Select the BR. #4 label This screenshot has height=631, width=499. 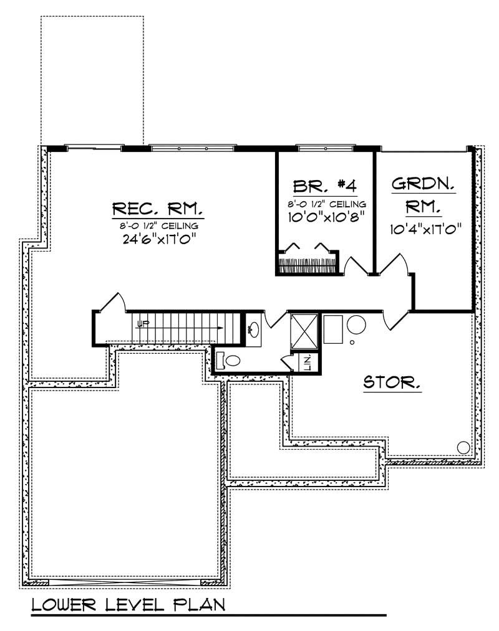324,186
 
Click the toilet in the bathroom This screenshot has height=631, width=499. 229,360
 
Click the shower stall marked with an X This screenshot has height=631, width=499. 304,330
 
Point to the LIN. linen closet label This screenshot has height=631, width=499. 308,363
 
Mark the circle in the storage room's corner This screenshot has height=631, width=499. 463,447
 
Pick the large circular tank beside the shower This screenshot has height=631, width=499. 357,325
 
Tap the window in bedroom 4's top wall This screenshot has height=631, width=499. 325,148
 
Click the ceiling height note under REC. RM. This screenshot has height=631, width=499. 158,224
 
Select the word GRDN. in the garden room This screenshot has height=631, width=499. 423,184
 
